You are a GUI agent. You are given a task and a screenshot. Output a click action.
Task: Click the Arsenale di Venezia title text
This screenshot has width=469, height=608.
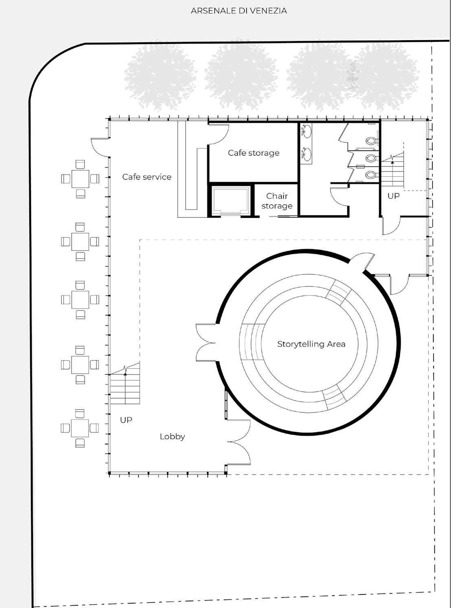239,11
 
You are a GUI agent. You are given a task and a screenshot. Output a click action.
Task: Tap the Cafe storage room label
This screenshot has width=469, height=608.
254,153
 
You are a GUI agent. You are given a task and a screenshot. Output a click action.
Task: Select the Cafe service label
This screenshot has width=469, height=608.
147,177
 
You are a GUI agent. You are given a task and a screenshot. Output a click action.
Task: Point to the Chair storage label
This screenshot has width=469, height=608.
277,201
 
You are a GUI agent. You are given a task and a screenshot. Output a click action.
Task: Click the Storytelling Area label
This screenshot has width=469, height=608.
311,344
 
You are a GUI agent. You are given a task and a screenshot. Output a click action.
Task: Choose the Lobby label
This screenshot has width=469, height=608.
172,436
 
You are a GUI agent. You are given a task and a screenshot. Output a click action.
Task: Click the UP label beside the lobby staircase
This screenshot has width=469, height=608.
126,420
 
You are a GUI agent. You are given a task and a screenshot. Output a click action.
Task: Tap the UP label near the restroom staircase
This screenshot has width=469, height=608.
393,196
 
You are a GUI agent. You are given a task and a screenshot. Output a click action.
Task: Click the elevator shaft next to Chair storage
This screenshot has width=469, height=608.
230,201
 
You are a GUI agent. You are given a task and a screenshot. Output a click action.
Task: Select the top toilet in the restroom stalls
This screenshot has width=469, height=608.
371,141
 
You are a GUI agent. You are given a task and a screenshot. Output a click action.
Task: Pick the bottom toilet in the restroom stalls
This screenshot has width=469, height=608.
371,175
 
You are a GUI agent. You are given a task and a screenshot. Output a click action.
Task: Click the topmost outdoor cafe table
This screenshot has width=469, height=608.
80,179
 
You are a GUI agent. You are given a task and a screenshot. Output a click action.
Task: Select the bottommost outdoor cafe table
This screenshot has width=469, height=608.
80,428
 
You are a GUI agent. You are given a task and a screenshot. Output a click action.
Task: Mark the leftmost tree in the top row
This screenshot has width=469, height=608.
160,76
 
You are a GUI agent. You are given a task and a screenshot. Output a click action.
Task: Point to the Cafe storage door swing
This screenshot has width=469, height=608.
219,134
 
